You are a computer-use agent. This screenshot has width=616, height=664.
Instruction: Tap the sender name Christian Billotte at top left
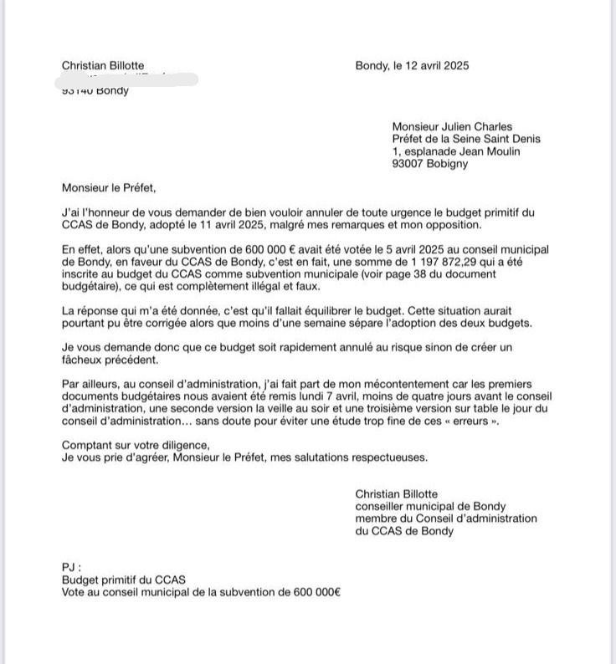click(103, 66)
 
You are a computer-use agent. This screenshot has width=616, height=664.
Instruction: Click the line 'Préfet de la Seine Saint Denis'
click(466, 139)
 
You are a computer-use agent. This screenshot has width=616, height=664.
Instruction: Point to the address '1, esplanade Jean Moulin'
click(456, 151)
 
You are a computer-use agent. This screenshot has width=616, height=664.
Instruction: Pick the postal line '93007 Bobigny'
click(430, 164)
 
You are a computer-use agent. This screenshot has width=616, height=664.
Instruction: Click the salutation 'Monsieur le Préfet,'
click(109, 188)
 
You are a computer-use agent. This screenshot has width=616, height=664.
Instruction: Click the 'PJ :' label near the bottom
click(72, 567)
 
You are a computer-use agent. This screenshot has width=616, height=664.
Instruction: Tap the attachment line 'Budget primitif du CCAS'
click(124, 580)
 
